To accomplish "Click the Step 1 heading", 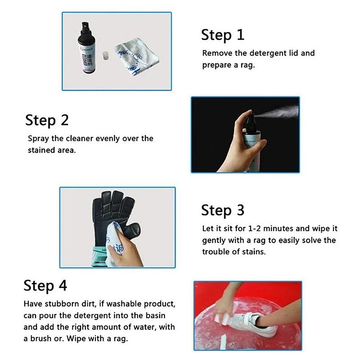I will point(222,35).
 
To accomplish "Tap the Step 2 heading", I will point(47,121).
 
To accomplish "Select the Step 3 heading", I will point(223,210).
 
